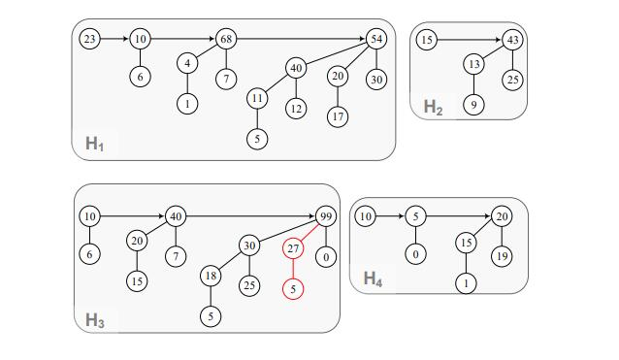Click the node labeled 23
[x=89, y=39]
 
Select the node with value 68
[x=226, y=39]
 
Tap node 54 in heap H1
[x=376, y=39]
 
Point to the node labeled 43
[x=512, y=40]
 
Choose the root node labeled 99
[x=326, y=215]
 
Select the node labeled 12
[x=296, y=108]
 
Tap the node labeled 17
[x=337, y=116]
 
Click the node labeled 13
[x=473, y=64]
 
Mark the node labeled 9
[x=473, y=104]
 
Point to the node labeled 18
[x=212, y=277]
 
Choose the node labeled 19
[x=502, y=256]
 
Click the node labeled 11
[x=257, y=99]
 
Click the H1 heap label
[x=94, y=144]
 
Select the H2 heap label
[x=433, y=107]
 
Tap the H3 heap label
[x=94, y=320]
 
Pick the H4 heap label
[x=373, y=278]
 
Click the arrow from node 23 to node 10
[x=114, y=39]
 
